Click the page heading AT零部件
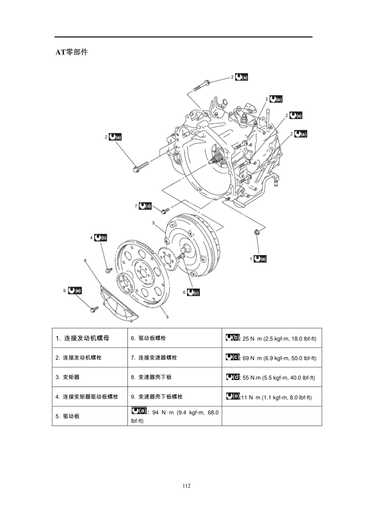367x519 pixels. [x=72, y=52]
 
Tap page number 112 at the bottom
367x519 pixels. [x=187, y=486]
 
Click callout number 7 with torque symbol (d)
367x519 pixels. [x=144, y=206]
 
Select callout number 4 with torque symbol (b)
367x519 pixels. [x=99, y=238]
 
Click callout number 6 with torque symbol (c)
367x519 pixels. [x=191, y=292]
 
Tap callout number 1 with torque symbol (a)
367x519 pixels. [x=258, y=259]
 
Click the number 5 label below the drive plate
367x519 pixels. [x=167, y=317]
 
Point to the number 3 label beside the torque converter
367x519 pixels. [x=153, y=223]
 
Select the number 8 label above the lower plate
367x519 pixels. [x=85, y=261]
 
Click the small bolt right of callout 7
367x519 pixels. [x=165, y=210]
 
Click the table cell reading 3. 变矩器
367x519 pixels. [x=90, y=377]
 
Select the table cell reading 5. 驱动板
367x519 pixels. [x=90, y=416]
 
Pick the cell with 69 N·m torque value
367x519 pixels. [x=272, y=358]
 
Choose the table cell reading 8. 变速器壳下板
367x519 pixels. [x=175, y=377]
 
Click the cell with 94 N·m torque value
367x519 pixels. [x=175, y=416]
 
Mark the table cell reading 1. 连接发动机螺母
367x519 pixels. [x=90, y=338]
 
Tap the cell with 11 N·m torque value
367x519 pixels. [x=272, y=397]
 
